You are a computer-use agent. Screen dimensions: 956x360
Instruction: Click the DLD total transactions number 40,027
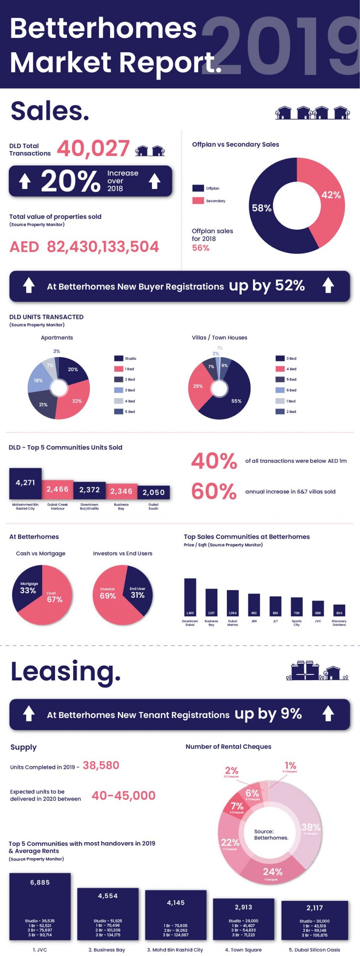point(93,148)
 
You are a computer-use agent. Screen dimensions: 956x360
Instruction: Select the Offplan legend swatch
point(198,188)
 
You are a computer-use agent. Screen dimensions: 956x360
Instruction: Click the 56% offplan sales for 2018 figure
point(201,248)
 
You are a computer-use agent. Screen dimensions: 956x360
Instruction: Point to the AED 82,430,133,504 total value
point(84,247)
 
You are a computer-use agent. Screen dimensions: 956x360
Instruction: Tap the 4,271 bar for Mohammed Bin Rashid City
point(25,483)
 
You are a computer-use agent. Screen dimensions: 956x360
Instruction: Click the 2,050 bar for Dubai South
point(153,492)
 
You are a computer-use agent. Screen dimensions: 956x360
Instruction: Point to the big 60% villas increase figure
point(214,491)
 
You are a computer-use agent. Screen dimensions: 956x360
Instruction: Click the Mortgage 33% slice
point(28,589)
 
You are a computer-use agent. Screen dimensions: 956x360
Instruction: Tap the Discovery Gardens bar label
point(339,623)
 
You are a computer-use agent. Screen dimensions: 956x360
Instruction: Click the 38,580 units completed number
point(101,765)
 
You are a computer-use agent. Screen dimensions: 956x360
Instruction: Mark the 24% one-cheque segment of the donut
point(272,872)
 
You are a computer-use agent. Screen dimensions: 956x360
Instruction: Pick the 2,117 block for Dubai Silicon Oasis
point(314,919)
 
